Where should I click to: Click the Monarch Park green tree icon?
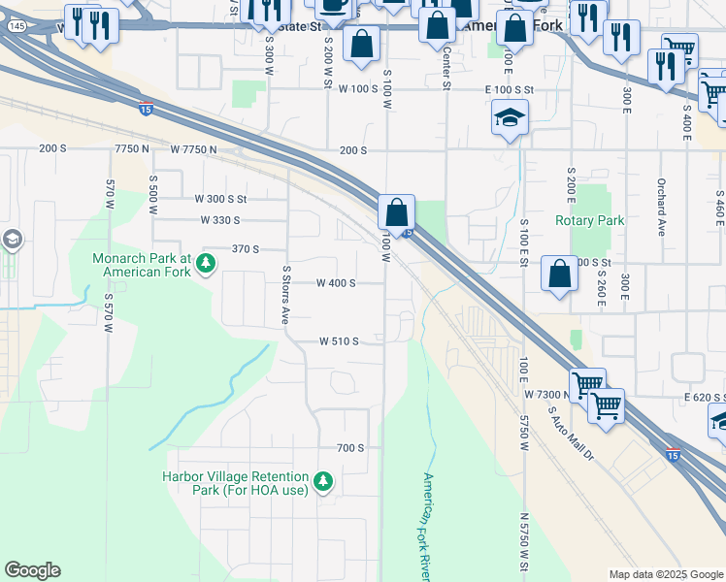click(x=205, y=262)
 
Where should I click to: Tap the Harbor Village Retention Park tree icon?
click(x=324, y=480)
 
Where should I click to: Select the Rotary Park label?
click(x=589, y=220)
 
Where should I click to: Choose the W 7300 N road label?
click(x=546, y=395)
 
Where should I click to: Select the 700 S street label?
click(x=349, y=447)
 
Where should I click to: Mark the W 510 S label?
click(x=340, y=341)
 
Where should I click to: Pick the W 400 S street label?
click(x=336, y=283)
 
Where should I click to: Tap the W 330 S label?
click(x=220, y=220)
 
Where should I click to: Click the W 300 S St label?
click(x=222, y=198)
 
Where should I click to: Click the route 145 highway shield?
click(x=16, y=26)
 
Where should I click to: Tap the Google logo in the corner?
click(x=32, y=570)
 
